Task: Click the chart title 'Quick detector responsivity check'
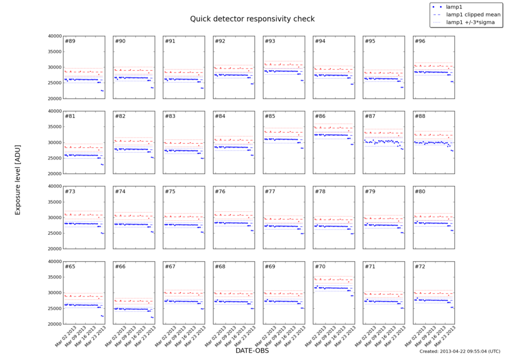[252, 19]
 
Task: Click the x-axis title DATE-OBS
[252, 351]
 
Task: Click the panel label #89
[70, 42]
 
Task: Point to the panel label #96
[419, 42]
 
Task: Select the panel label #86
[320, 116]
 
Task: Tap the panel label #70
[320, 266]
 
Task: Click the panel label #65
[70, 266]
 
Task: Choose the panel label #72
[419, 266]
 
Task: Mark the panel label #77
[270, 192]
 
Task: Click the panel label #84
[220, 116]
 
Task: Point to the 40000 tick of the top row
[53, 36]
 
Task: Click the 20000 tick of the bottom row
[53, 324]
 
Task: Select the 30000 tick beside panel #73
[53, 217]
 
